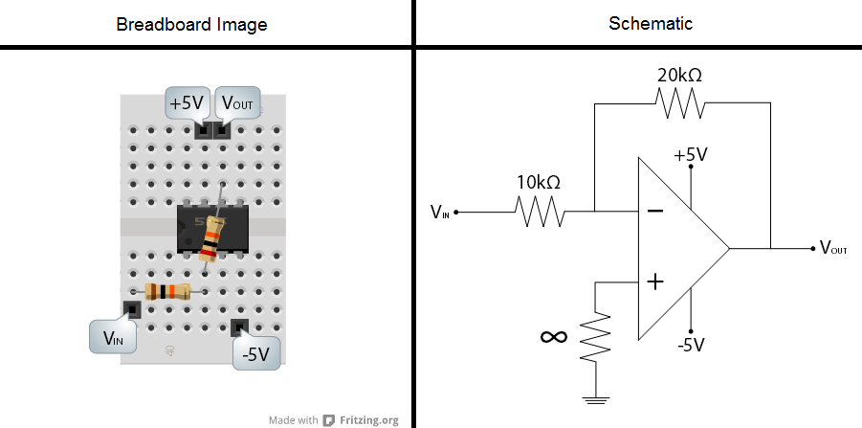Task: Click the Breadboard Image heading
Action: [x=191, y=24]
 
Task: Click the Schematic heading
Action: [x=651, y=23]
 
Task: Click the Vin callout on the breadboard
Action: [x=113, y=336]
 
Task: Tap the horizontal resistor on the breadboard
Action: [x=166, y=292]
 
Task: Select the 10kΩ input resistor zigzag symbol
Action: [x=540, y=212]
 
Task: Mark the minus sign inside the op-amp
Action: [x=655, y=211]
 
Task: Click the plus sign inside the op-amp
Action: [x=655, y=282]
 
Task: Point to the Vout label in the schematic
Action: [x=833, y=249]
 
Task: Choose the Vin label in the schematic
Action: [x=440, y=212]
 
